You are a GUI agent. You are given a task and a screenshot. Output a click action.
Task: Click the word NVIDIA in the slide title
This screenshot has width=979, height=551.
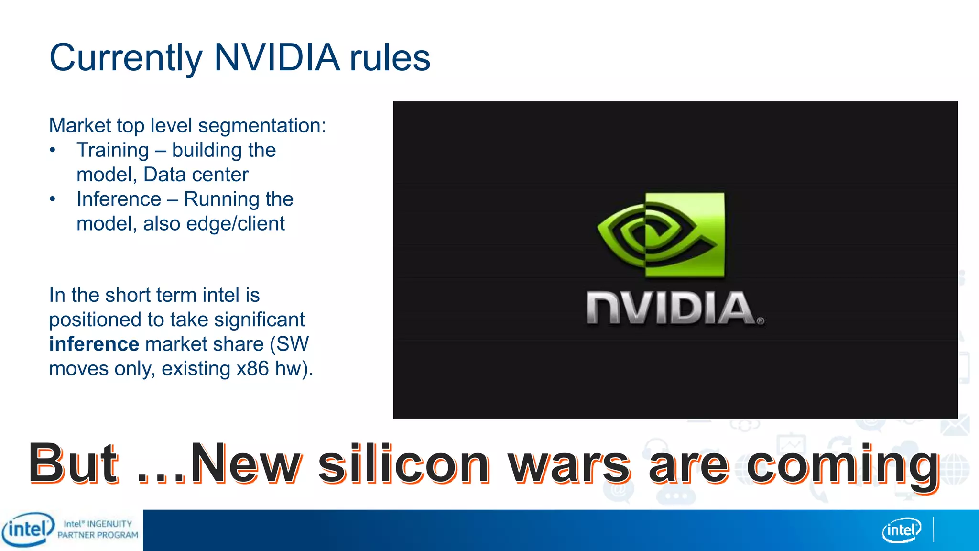tap(277, 58)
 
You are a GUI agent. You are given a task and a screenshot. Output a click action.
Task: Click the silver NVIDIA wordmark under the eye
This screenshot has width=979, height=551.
tap(671, 309)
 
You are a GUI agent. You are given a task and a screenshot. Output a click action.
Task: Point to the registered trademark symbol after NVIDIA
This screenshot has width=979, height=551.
tap(761, 321)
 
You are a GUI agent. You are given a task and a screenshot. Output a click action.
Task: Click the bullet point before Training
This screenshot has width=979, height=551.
tap(53, 151)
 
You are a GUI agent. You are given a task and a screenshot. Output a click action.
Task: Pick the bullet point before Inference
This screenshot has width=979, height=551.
tap(53, 199)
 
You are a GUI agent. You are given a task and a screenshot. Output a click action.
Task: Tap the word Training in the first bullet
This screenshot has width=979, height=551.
tap(113, 150)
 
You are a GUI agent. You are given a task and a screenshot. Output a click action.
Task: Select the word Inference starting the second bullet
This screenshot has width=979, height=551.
tap(119, 199)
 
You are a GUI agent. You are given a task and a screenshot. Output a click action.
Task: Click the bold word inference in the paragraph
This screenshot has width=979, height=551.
tap(94, 344)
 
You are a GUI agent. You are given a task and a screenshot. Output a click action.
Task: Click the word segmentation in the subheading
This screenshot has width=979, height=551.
tap(262, 126)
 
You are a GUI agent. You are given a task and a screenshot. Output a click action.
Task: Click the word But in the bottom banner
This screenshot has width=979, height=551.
tap(73, 463)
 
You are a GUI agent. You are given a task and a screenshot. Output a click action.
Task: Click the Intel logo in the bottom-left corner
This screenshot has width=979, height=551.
tap(28, 529)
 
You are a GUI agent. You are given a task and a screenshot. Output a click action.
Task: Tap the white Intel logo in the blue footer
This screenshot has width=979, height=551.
tap(902, 530)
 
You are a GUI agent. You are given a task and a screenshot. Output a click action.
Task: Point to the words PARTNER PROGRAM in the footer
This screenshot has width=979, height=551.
tap(98, 535)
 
